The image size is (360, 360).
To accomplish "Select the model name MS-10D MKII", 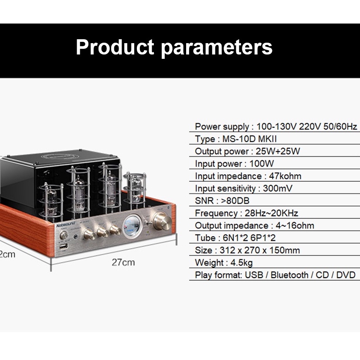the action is [250, 139].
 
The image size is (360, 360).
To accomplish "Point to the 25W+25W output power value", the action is [278, 151].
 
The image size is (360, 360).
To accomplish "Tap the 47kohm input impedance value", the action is [285, 176].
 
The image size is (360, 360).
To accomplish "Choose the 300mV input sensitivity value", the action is [278, 188].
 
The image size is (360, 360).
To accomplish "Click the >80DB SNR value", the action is [235, 201].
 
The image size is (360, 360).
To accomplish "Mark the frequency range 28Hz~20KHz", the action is [272, 213].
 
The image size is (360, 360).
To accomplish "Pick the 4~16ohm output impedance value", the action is [295, 226].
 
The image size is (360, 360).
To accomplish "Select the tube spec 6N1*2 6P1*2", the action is [249, 238].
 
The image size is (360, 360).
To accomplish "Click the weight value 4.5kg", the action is [241, 263].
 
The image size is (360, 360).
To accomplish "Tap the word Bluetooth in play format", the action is [289, 275].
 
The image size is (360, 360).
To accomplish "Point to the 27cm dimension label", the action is [123, 262].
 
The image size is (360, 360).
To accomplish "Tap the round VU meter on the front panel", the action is [132, 226].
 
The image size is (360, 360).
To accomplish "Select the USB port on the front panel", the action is [63, 247].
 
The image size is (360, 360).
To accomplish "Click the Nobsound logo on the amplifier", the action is [66, 224].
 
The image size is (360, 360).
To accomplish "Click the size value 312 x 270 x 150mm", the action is [260, 251].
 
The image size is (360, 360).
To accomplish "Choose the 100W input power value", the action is [262, 164].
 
